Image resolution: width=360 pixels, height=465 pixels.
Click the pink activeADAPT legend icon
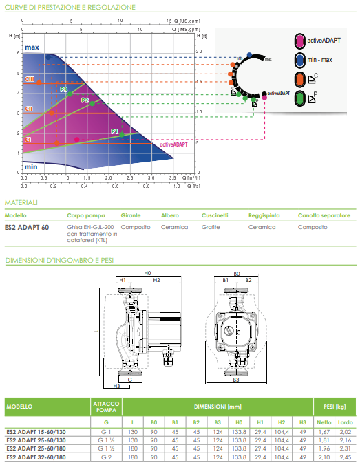[299, 40]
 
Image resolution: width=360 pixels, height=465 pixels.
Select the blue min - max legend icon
[299, 59]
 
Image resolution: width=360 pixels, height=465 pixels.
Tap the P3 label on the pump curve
[63, 89]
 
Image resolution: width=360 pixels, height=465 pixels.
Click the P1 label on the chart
[114, 131]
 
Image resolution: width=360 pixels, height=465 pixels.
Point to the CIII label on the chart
[30, 80]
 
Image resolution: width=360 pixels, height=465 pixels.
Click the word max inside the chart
[32, 47]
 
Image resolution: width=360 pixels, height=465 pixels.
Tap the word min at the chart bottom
[31, 166]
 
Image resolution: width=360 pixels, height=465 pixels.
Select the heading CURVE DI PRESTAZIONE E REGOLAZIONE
[61, 7]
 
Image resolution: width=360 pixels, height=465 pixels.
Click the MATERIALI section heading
[21, 203]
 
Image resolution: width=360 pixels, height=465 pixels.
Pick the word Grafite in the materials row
[211, 226]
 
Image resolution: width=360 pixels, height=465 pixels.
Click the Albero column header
[169, 215]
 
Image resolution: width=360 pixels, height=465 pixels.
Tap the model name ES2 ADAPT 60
[27, 226]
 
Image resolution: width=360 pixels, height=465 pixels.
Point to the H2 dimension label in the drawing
[156, 281]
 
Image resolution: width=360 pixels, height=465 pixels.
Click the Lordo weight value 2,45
[345, 457]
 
